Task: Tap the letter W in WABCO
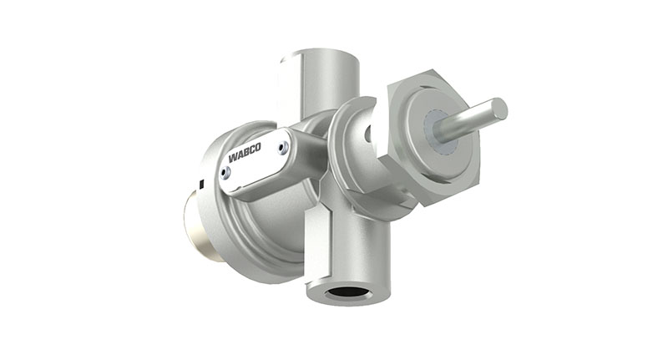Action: (231, 159)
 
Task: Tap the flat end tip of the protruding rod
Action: (499, 108)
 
